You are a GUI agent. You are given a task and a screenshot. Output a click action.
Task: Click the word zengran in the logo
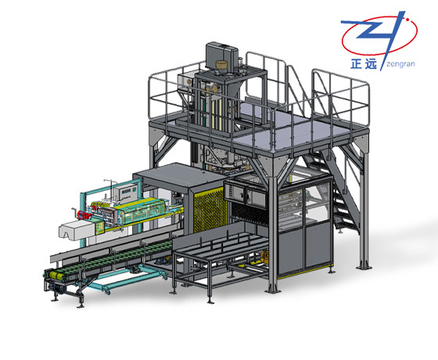click(400, 64)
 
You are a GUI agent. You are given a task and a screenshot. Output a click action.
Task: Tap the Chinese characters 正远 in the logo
click(364, 64)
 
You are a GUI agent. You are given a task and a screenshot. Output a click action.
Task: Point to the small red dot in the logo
click(407, 20)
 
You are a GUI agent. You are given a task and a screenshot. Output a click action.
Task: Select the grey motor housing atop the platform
click(222, 55)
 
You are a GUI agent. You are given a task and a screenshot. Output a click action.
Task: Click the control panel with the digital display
click(127, 192)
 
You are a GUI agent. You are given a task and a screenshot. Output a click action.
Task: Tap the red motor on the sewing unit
click(83, 214)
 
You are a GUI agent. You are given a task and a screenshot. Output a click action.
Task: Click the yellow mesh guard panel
click(210, 210)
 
